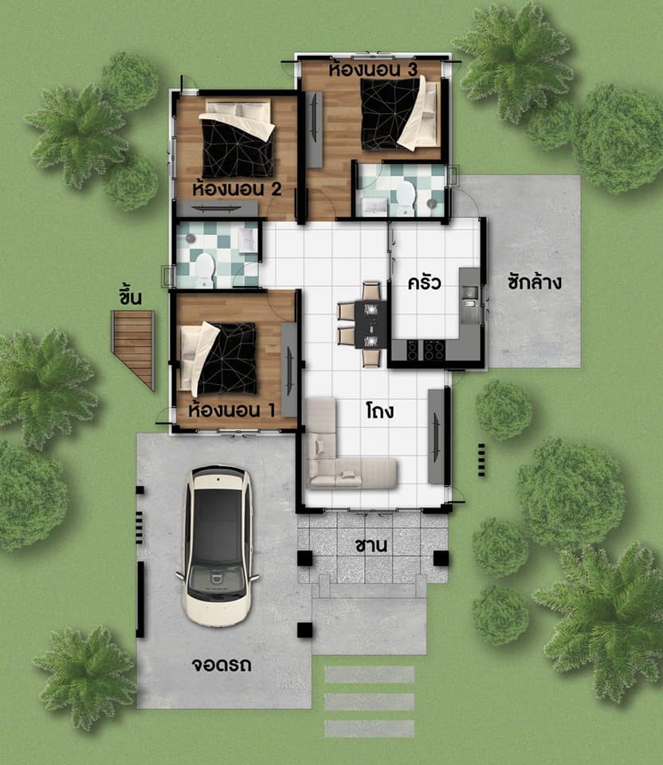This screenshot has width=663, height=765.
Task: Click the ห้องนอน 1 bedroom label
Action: [x=231, y=410]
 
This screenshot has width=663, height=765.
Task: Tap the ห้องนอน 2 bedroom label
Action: [x=237, y=188]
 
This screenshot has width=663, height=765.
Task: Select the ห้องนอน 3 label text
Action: [x=373, y=69]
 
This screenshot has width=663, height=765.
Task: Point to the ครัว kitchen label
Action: [x=424, y=282]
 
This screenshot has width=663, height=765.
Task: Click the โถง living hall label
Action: [x=380, y=410]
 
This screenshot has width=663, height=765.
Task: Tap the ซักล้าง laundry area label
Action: [x=534, y=281]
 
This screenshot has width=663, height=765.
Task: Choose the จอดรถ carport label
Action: [x=222, y=665]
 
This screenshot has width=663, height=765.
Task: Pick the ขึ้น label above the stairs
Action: [x=130, y=296]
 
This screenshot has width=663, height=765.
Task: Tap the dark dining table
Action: [x=371, y=324]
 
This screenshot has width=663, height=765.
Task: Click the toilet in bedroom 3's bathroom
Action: [x=406, y=198]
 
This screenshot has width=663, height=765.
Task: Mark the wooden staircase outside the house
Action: [x=133, y=347]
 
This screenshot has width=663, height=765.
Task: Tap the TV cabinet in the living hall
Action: [x=437, y=437]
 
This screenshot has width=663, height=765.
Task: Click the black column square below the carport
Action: [x=305, y=630]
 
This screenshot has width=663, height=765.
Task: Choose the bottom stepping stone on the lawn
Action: [x=369, y=729]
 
